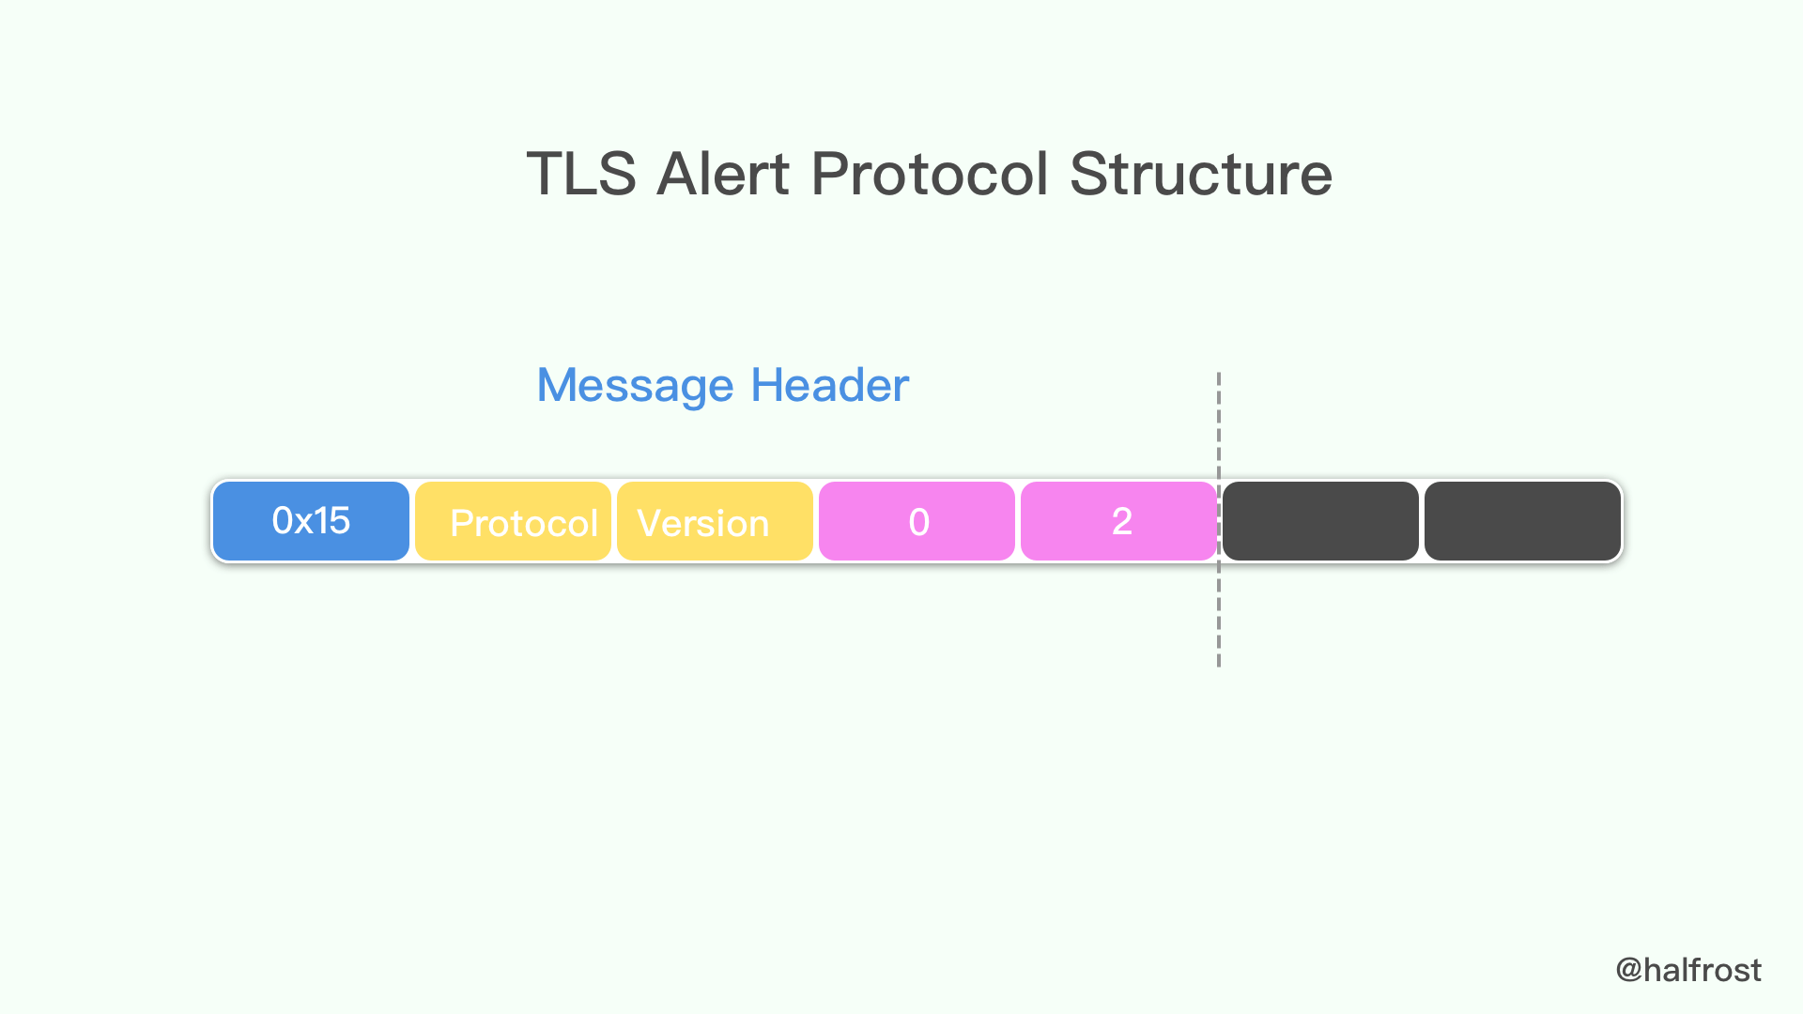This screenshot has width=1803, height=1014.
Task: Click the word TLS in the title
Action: [x=581, y=174]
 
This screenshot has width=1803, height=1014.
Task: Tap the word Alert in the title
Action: [x=723, y=174]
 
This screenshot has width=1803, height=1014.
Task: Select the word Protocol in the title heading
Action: [x=929, y=174]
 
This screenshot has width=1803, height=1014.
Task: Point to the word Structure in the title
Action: [x=1200, y=174]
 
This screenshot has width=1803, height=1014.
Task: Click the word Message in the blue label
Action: [x=635, y=385]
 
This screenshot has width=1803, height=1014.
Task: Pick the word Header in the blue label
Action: [x=829, y=385]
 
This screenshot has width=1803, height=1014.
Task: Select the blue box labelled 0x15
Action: [x=311, y=521]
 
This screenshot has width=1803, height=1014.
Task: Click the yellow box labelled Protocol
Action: [x=513, y=521]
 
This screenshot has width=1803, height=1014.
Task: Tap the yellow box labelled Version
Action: [x=715, y=521]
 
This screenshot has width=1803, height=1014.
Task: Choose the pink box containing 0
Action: [x=917, y=521]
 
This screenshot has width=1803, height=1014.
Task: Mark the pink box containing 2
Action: [x=1118, y=521]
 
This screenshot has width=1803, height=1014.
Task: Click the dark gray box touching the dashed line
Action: [x=1320, y=521]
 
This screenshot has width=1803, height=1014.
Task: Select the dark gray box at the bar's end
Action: [x=1522, y=521]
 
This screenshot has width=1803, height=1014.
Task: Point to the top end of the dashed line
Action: [x=1219, y=376]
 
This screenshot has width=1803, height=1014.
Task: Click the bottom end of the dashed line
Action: [x=1219, y=664]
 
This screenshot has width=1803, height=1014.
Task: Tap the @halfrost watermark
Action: [x=1687, y=970]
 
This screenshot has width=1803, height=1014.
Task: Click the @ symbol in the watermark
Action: [x=1628, y=971]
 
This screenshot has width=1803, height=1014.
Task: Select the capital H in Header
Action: [x=767, y=385]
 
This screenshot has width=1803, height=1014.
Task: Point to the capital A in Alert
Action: [x=678, y=174]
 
